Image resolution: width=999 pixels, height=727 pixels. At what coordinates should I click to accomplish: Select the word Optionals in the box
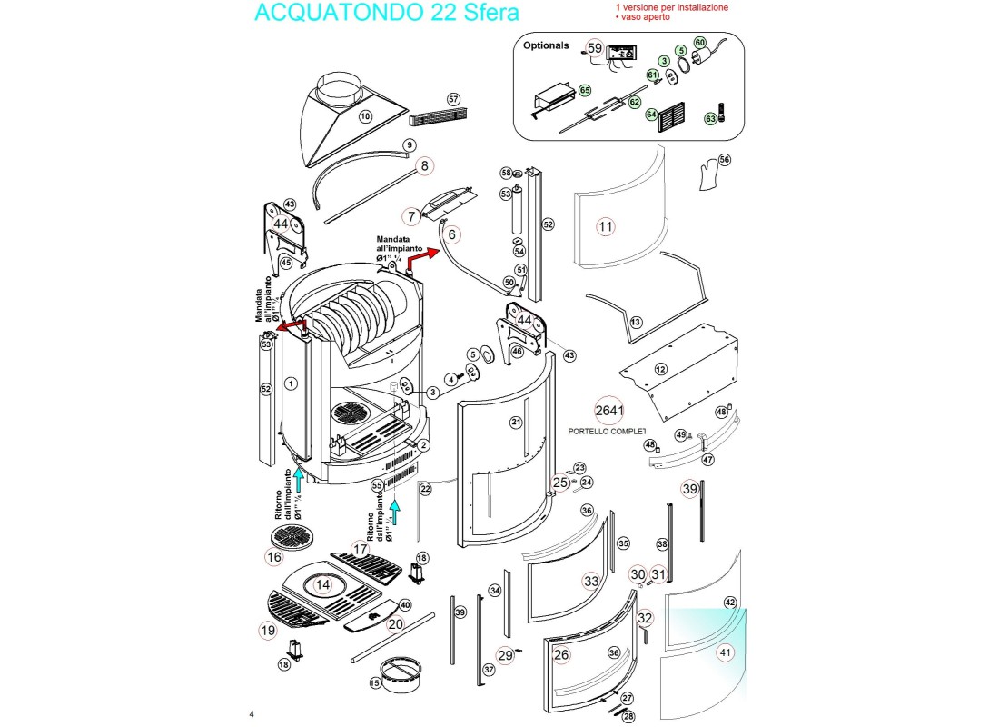[546, 45]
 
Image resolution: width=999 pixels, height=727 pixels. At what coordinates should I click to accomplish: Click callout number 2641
[609, 410]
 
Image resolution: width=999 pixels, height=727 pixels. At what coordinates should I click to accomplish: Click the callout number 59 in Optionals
[595, 47]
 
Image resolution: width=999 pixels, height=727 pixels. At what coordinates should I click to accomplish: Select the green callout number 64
[651, 115]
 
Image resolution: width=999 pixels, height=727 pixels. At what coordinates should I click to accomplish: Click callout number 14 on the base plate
[323, 585]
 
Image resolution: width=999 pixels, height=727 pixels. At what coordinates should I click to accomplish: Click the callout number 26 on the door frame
[561, 653]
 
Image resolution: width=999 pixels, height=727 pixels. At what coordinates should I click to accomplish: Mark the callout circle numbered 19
[268, 630]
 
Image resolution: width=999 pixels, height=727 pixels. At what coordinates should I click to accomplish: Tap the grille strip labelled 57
[441, 117]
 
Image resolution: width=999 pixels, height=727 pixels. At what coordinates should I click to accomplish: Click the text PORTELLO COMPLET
[606, 432]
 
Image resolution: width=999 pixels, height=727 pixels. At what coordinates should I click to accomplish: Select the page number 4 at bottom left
[252, 713]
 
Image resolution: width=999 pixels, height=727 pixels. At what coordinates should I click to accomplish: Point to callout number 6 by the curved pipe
[453, 234]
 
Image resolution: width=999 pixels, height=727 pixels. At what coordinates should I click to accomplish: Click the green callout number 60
[700, 42]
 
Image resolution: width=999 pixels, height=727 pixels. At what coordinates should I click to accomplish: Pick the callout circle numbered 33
[591, 580]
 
